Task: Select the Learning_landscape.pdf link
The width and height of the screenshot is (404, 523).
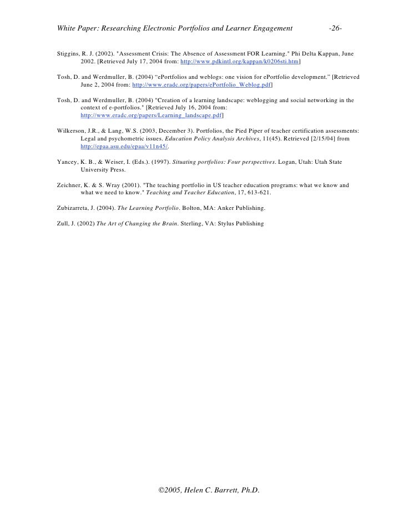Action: point(151,115)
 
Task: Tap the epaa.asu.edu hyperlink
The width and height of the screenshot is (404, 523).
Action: point(124,146)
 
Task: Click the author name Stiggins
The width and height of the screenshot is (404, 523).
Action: point(69,54)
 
